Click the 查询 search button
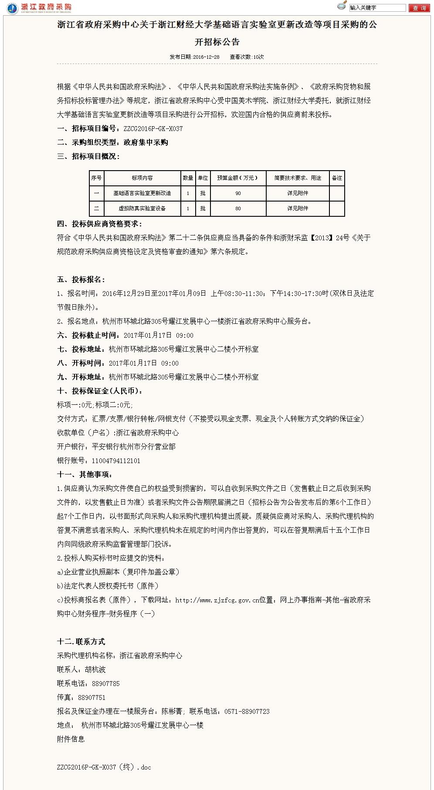coord(419,8)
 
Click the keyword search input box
coord(377,8)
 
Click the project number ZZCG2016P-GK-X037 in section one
coord(153,129)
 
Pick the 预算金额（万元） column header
coord(237,178)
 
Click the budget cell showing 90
coord(238,193)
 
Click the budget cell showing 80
coord(238,208)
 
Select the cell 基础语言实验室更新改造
coord(142,193)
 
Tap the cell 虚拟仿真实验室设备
coord(142,208)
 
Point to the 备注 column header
coord(337,178)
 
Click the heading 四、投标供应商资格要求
coord(99,224)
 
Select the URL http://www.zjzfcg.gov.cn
coord(217,600)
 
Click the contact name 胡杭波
coord(95,669)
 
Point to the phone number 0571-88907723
coord(247,711)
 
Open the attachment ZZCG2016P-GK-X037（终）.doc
coord(104,767)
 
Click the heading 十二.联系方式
coord(81,642)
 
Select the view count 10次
coord(258,57)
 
